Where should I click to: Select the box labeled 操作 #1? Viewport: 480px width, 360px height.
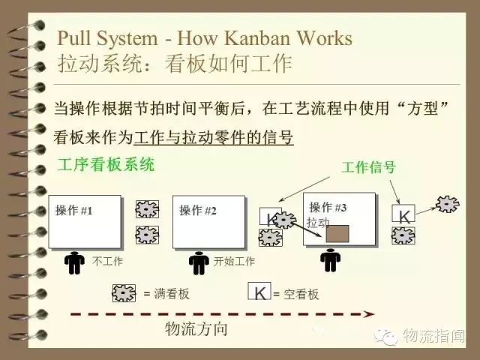[x=86, y=221]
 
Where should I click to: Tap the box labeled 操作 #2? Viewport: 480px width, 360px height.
[x=208, y=221]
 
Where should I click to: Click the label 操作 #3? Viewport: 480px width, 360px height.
[x=328, y=207]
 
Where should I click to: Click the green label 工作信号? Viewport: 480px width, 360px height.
[x=368, y=167]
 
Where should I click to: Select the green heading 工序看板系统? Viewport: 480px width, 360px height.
[x=106, y=164]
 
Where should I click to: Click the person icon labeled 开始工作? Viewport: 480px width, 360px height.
[x=198, y=262]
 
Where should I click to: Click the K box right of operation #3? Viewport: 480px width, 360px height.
[x=403, y=215]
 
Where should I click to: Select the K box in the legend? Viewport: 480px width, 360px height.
[x=259, y=292]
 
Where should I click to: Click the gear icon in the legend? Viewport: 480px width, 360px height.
[x=124, y=292]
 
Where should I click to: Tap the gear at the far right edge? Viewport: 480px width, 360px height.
[x=448, y=202]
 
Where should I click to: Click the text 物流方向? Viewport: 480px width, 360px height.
[x=196, y=328]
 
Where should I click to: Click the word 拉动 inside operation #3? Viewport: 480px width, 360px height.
[x=318, y=223]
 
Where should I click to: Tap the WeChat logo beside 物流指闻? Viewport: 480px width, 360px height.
[x=388, y=337]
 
